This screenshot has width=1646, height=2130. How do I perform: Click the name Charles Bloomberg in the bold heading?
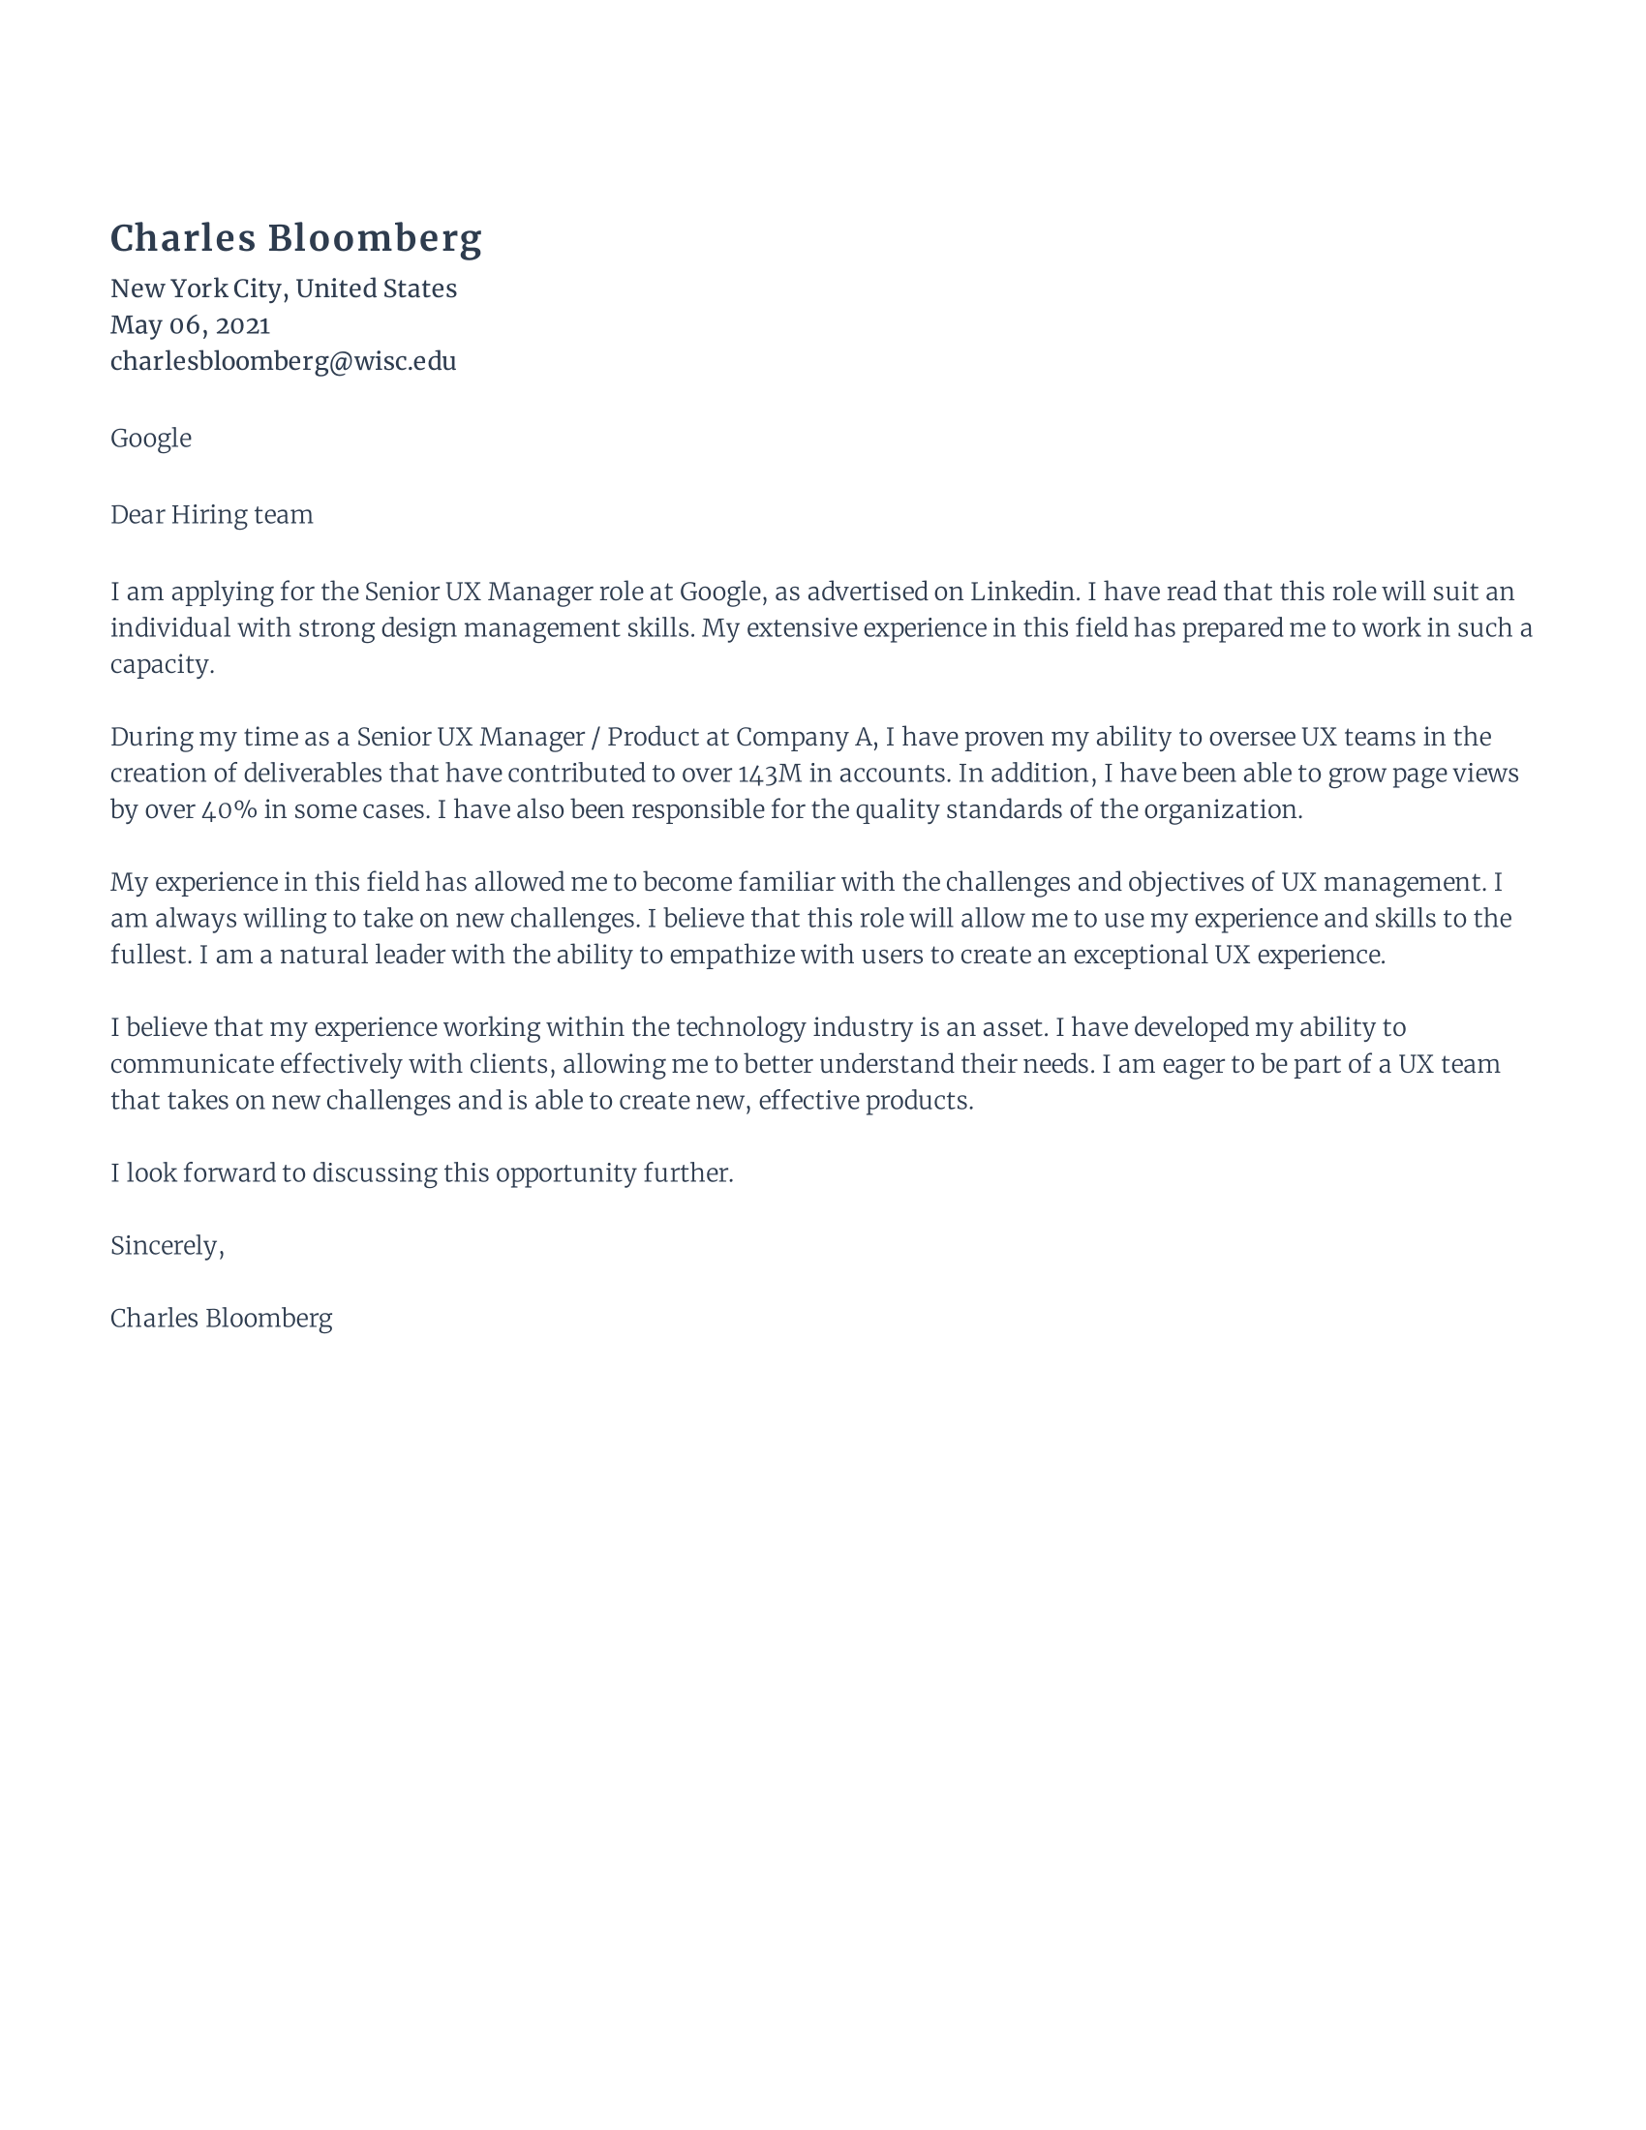click(295, 239)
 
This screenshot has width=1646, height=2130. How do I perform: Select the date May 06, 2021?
click(190, 324)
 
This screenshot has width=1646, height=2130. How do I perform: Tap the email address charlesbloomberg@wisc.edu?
click(283, 362)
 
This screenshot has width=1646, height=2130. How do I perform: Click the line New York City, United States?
click(283, 289)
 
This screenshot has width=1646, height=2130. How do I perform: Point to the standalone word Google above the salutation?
click(150, 439)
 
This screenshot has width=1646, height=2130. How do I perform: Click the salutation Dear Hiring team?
click(212, 515)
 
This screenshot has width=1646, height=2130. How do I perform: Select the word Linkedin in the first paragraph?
click(1022, 592)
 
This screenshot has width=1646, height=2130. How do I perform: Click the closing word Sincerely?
click(165, 1246)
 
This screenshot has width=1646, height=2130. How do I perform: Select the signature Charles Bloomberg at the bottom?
click(222, 1319)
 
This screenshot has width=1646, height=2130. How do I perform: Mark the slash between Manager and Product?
click(594, 738)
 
